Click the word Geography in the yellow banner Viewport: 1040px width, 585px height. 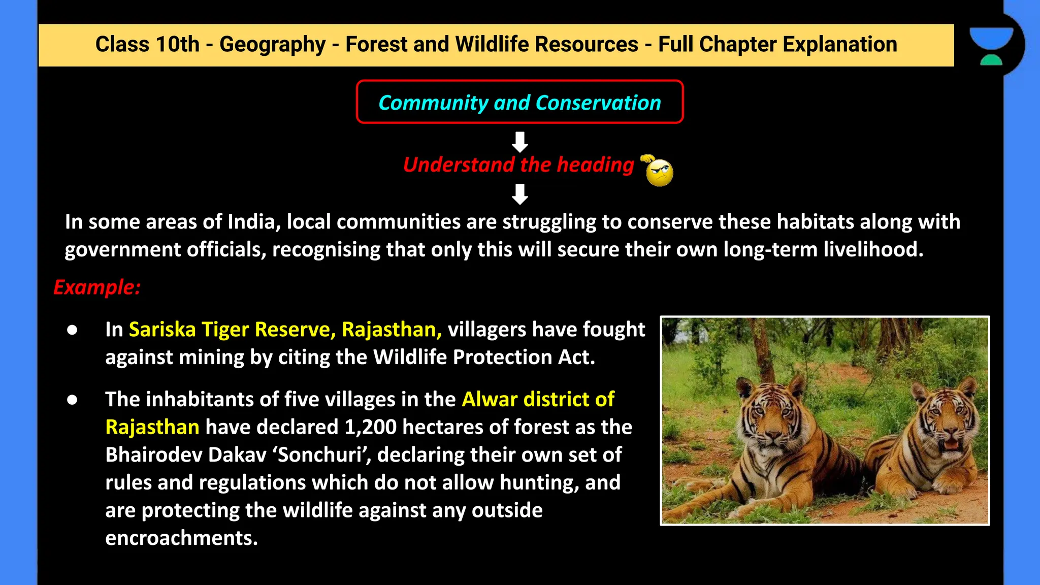pos(272,45)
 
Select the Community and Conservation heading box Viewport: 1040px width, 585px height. pos(519,102)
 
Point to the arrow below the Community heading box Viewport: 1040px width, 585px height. pos(519,142)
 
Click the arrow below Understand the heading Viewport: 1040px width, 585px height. pos(519,194)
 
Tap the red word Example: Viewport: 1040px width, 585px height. pos(96,287)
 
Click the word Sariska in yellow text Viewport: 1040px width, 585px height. pos(162,330)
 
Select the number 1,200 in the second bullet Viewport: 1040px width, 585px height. pos(370,427)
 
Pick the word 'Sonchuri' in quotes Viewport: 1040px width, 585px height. pos(324,455)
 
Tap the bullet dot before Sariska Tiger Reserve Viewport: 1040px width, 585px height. pos(72,330)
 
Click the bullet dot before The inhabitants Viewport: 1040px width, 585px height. pos(72,400)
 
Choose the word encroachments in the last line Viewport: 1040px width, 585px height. pos(181,538)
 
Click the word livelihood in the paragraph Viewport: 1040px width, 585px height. pos(872,250)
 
